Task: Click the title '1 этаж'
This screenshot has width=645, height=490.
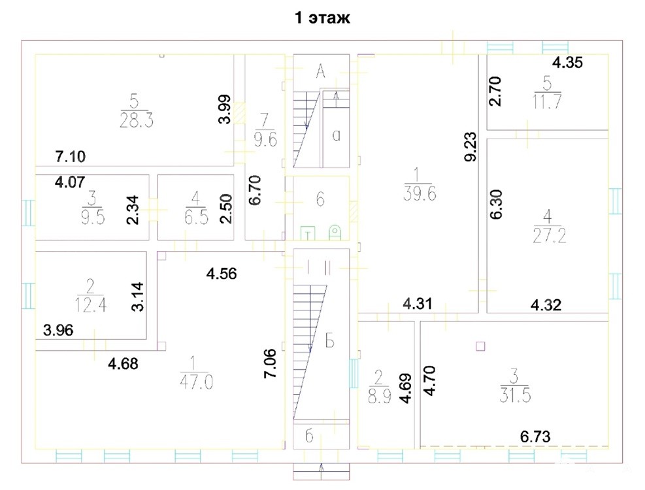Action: tap(323, 18)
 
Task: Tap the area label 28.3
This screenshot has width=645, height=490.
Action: tap(137, 121)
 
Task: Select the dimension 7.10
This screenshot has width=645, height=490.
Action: tap(71, 156)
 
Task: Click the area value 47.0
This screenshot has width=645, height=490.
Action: tap(196, 382)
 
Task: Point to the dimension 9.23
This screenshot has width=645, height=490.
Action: tap(471, 146)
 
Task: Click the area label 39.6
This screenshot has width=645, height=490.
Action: tap(420, 193)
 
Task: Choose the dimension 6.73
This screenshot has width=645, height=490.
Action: tap(535, 436)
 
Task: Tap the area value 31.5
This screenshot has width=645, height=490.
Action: tap(515, 395)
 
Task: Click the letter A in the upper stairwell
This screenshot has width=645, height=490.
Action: tap(320, 72)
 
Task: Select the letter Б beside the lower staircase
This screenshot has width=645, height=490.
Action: tap(329, 341)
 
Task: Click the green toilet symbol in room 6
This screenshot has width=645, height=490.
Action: tap(335, 233)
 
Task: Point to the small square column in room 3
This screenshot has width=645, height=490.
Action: tap(480, 346)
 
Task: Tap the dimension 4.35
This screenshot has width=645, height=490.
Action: tap(567, 63)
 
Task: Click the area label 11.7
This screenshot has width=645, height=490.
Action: tap(547, 101)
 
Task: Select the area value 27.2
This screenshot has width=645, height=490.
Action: tap(549, 236)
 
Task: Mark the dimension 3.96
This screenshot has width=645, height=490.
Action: tap(58, 330)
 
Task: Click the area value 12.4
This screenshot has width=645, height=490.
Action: tap(90, 305)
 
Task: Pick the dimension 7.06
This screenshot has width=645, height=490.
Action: tap(271, 363)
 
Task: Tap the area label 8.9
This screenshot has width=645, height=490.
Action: tap(379, 397)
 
